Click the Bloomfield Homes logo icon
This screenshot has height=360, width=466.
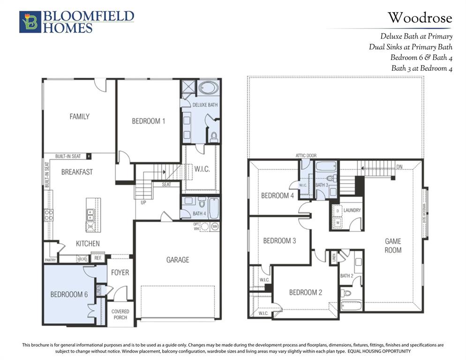pyautogui.click(x=30, y=22)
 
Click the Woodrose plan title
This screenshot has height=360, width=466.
pyautogui.click(x=420, y=18)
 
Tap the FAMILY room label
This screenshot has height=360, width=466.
pyautogui.click(x=79, y=116)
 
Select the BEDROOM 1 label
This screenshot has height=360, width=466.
pyautogui.click(x=148, y=121)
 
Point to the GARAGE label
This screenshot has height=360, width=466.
pyautogui.click(x=178, y=260)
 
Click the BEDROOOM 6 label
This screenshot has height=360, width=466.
pyautogui.click(x=69, y=294)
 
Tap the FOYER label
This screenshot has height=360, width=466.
pyautogui.click(x=120, y=272)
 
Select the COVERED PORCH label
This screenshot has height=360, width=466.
pyautogui.click(x=120, y=314)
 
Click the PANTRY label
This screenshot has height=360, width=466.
pyautogui.click(x=50, y=259)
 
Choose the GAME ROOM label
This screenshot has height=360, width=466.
pyautogui.click(x=393, y=246)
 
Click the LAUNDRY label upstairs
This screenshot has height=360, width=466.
pyautogui.click(x=352, y=210)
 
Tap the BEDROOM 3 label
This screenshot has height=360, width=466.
pyautogui.click(x=279, y=241)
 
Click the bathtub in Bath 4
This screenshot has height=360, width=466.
pyautogui.click(x=214, y=208)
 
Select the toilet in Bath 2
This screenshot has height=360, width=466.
pyautogui.click(x=346, y=293)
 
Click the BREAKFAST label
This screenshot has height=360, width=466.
pyautogui.click(x=77, y=172)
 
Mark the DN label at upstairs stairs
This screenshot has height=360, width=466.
pyautogui.click(x=399, y=166)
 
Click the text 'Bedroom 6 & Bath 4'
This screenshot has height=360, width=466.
pyautogui.click(x=421, y=57)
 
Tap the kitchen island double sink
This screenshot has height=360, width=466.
pyautogui.click(x=90, y=215)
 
